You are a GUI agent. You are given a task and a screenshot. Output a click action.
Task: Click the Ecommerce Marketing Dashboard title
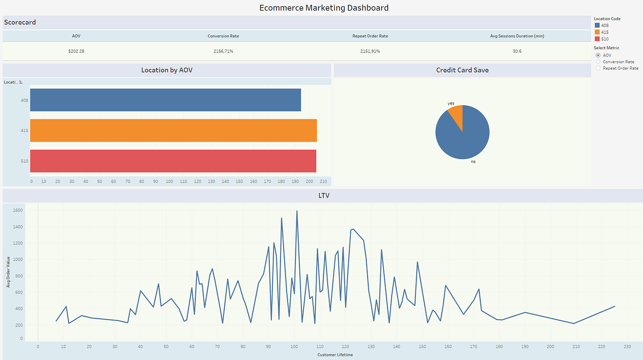tap(324, 8)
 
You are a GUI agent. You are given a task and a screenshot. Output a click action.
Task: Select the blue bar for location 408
tap(165, 100)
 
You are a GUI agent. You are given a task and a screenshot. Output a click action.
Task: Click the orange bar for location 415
tap(173, 130)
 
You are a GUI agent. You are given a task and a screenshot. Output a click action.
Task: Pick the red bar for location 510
tap(173, 161)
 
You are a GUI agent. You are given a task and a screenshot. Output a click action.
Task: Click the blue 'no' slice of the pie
tap(464, 137)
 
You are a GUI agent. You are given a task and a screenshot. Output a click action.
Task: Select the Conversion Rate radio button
tap(598, 62)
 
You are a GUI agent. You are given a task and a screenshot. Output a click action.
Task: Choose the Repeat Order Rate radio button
tap(598, 68)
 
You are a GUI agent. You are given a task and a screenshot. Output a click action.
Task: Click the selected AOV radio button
tap(598, 55)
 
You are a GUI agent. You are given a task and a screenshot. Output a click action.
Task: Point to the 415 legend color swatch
tap(597, 32)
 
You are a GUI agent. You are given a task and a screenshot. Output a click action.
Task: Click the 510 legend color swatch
tap(597, 39)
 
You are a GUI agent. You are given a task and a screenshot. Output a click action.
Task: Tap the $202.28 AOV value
tap(76, 51)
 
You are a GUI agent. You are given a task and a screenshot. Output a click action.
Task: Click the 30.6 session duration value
tap(517, 51)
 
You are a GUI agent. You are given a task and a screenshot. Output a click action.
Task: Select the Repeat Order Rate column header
tap(370, 36)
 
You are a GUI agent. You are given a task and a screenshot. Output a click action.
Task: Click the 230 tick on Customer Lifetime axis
tap(627, 347)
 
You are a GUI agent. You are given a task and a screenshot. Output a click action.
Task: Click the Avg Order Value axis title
tap(8, 272)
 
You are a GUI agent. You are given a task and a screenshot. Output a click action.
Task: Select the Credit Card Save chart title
tap(462, 70)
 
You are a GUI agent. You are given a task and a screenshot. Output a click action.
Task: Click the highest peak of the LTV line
tap(297, 211)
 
